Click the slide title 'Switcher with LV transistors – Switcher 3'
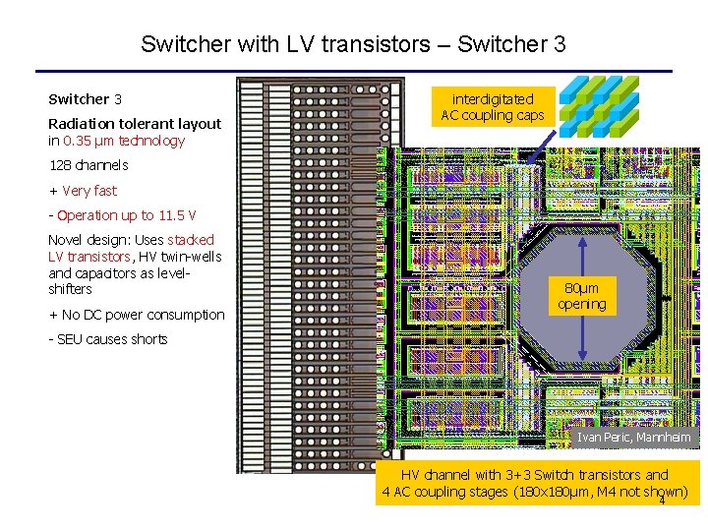point(353,44)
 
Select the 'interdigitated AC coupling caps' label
point(493,107)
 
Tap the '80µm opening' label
point(582,296)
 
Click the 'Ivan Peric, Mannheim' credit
point(634,437)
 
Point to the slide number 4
point(662,501)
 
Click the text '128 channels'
point(88,165)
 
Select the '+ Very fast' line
point(83,191)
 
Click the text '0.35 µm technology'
point(123,141)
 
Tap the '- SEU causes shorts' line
point(108,339)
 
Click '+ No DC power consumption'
point(137,315)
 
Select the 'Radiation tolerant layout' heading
point(135,124)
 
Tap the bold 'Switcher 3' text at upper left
point(86,99)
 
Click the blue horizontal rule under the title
point(353,71)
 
